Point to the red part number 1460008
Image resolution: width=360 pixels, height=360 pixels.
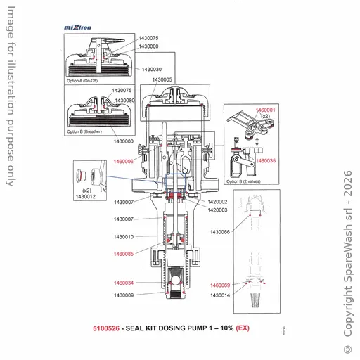(124, 161)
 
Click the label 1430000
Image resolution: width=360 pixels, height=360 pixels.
(124, 141)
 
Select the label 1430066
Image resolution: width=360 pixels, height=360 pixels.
(220, 231)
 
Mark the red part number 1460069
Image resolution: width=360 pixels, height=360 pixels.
(220, 285)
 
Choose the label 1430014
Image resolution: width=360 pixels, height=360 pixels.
(220, 295)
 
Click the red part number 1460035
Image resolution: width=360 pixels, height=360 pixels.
(266, 161)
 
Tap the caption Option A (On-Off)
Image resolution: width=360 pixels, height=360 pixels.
(84, 82)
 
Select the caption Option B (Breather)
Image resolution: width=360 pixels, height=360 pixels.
(85, 131)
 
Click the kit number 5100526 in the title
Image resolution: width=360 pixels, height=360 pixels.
(106, 328)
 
